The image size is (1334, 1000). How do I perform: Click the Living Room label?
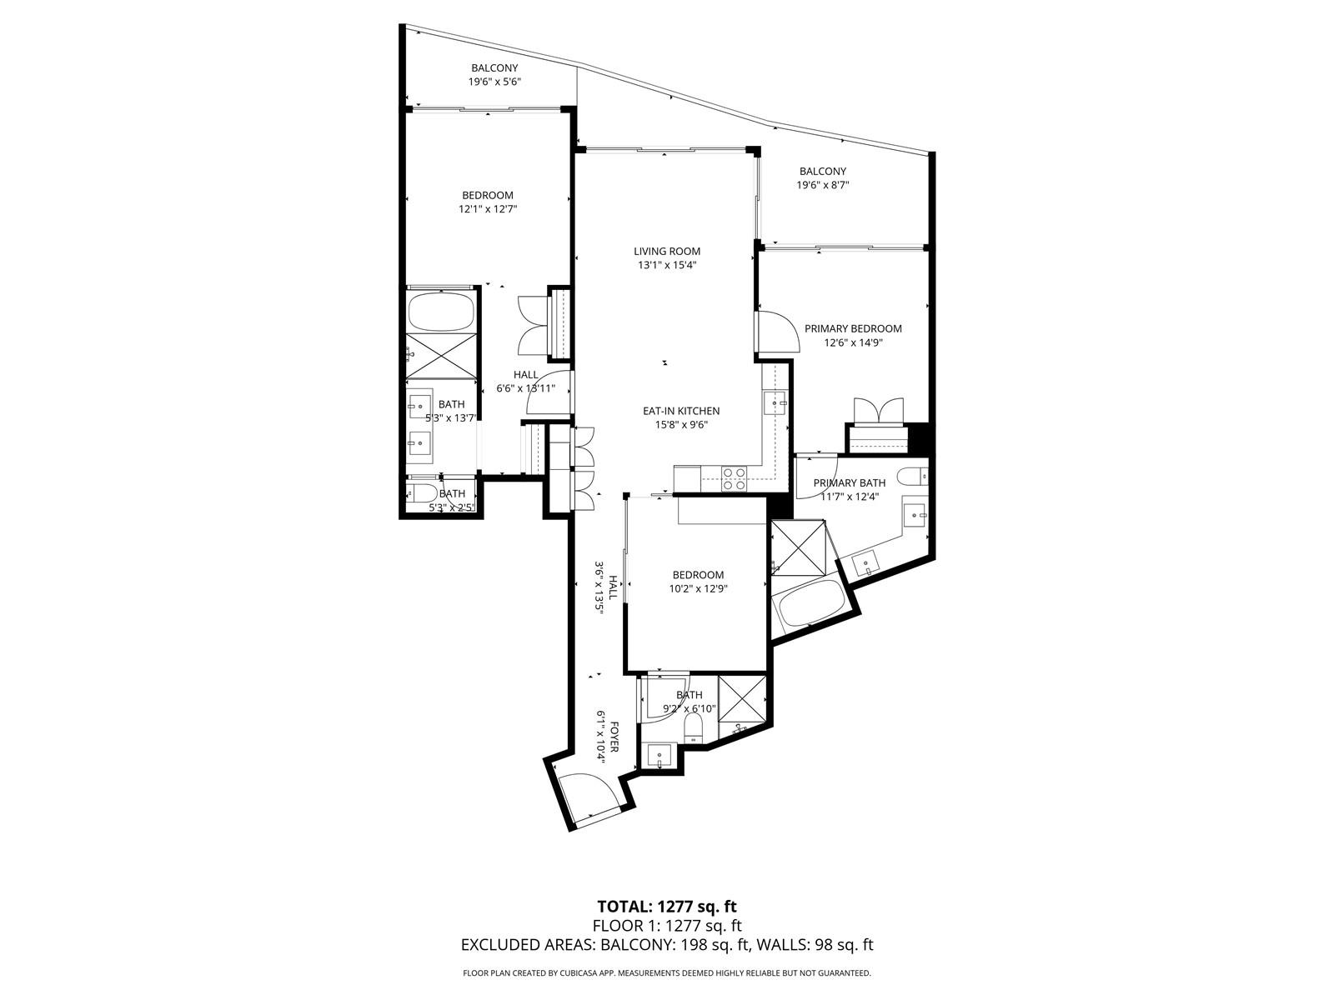point(667,252)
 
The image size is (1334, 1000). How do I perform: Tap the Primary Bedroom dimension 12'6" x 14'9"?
point(853,342)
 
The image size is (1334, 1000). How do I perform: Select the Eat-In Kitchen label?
point(680,411)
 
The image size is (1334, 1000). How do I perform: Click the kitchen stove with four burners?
point(733,478)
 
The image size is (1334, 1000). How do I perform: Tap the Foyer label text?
point(614,737)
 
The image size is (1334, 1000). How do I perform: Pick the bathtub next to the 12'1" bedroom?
point(440,310)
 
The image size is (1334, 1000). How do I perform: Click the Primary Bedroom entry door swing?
point(778,331)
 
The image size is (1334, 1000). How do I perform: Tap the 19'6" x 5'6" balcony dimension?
point(494,82)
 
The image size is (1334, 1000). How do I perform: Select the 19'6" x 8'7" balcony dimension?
point(822,185)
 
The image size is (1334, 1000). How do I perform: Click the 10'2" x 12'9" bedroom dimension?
point(698,588)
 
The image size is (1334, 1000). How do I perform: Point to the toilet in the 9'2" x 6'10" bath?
point(693,727)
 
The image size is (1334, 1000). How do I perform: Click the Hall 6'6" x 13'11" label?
point(526,382)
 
